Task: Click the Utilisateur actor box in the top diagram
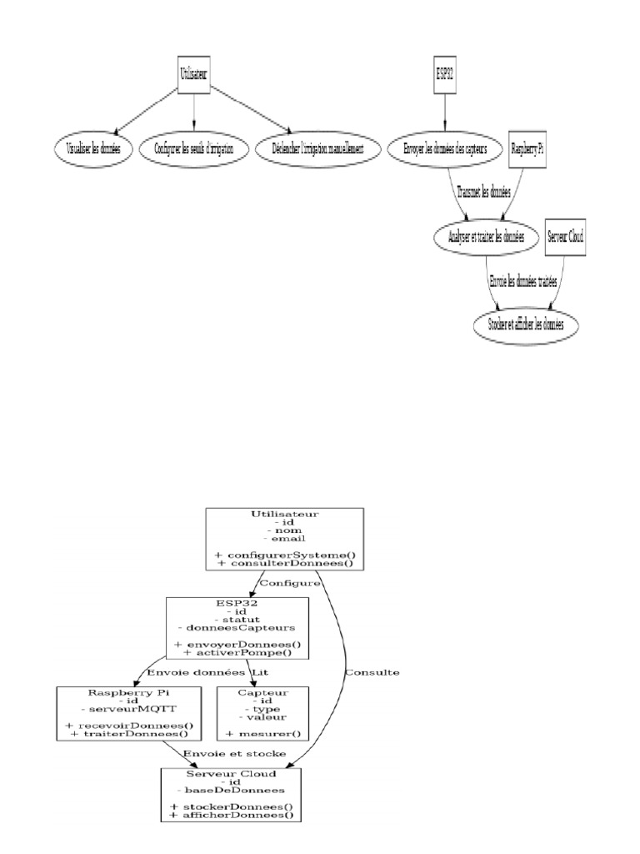pyautogui.click(x=193, y=74)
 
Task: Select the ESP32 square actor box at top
pyautogui.click(x=444, y=74)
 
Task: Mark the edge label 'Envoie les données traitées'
pyautogui.click(x=525, y=281)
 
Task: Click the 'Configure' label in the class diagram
pyautogui.click(x=291, y=583)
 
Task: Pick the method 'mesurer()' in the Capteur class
pyautogui.click(x=262, y=733)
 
